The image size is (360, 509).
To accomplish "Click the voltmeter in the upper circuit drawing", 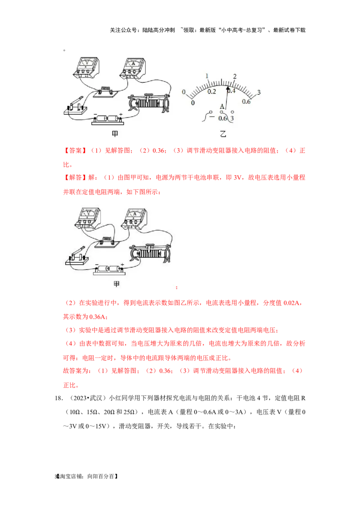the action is click(x=86, y=67).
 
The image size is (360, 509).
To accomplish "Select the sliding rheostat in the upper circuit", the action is click(x=149, y=103).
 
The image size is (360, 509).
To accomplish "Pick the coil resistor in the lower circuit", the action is click(x=108, y=242).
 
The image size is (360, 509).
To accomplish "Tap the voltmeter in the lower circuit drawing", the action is click(x=88, y=218).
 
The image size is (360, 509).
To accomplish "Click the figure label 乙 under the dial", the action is click(x=223, y=134).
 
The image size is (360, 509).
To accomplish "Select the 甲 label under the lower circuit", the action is click(x=116, y=284).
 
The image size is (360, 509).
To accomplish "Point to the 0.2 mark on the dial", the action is click(x=211, y=92).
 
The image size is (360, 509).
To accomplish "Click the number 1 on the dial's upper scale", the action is click(x=207, y=76).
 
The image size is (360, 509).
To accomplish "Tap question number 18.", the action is click(x=59, y=398).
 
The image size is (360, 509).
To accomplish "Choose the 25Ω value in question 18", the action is click(x=129, y=412).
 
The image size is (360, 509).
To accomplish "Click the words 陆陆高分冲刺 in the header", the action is click(x=158, y=30).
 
